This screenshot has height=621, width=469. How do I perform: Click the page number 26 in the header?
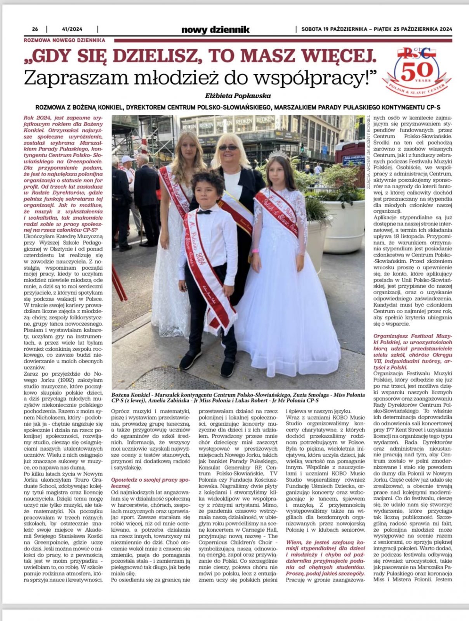(35, 29)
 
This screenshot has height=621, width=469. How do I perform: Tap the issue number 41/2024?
(72, 29)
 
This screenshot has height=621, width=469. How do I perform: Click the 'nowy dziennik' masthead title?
(215, 29)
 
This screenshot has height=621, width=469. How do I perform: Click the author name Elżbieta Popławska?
(238, 95)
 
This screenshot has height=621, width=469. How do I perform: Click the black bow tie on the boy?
(204, 212)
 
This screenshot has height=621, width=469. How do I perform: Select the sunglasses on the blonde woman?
(228, 147)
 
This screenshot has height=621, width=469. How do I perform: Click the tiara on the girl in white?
(278, 156)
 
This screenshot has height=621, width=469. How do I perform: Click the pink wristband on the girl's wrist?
(255, 250)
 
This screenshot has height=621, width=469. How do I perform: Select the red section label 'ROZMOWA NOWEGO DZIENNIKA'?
(64, 40)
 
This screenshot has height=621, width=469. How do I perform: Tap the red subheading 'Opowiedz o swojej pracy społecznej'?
(150, 482)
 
